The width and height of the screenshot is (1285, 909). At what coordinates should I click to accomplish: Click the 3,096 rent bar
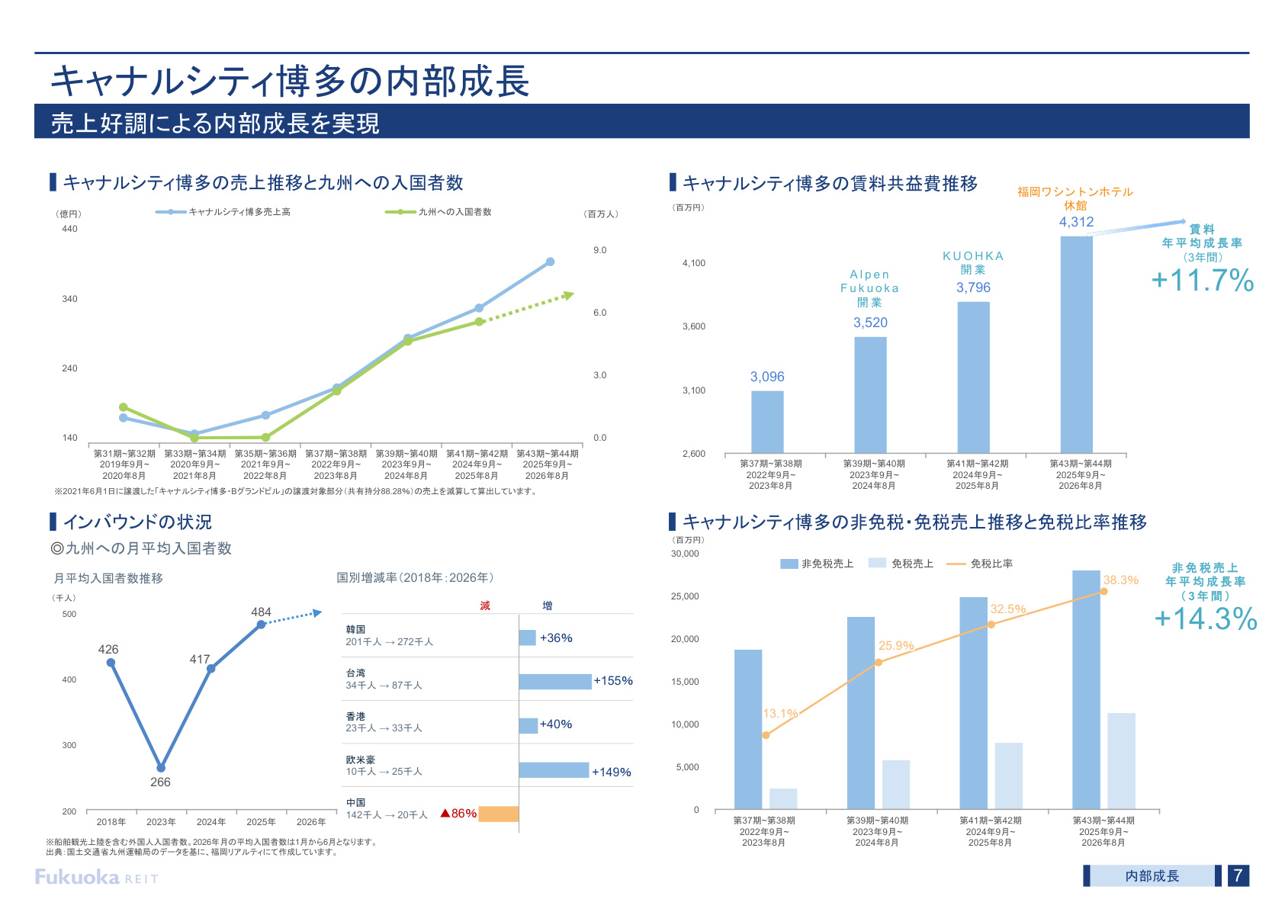(767, 422)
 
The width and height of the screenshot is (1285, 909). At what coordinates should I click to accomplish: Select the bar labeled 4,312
(1076, 345)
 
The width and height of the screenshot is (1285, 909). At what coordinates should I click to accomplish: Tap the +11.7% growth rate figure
(1203, 281)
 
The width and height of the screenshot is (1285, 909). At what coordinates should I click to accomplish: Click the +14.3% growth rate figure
(1205, 618)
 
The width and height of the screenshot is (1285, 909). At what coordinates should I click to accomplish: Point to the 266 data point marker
(161, 768)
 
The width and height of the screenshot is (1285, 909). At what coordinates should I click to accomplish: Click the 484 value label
(261, 612)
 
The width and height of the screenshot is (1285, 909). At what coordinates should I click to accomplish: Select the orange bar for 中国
(499, 814)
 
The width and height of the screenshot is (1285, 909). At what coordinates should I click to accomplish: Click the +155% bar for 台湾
(554, 681)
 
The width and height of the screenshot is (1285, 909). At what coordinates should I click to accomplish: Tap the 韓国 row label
(355, 629)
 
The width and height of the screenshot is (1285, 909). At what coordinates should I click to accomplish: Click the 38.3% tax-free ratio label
(1120, 580)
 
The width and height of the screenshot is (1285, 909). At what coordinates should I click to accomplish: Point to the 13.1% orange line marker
(766, 735)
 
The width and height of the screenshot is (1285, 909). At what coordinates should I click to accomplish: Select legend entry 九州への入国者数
(439, 212)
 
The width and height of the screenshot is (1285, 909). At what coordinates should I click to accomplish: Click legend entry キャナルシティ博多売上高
(223, 212)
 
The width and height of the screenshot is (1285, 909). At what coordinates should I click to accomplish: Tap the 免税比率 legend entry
(979, 564)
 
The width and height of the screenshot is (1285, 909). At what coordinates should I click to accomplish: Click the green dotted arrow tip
(573, 294)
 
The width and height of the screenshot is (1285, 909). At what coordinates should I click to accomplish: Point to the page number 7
(1238, 875)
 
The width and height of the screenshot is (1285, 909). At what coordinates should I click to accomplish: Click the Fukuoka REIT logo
(96, 877)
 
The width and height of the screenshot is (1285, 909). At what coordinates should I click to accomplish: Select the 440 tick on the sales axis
(69, 229)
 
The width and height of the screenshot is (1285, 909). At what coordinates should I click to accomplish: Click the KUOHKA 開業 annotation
(973, 262)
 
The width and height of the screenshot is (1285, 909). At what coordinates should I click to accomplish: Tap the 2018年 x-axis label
(111, 822)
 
